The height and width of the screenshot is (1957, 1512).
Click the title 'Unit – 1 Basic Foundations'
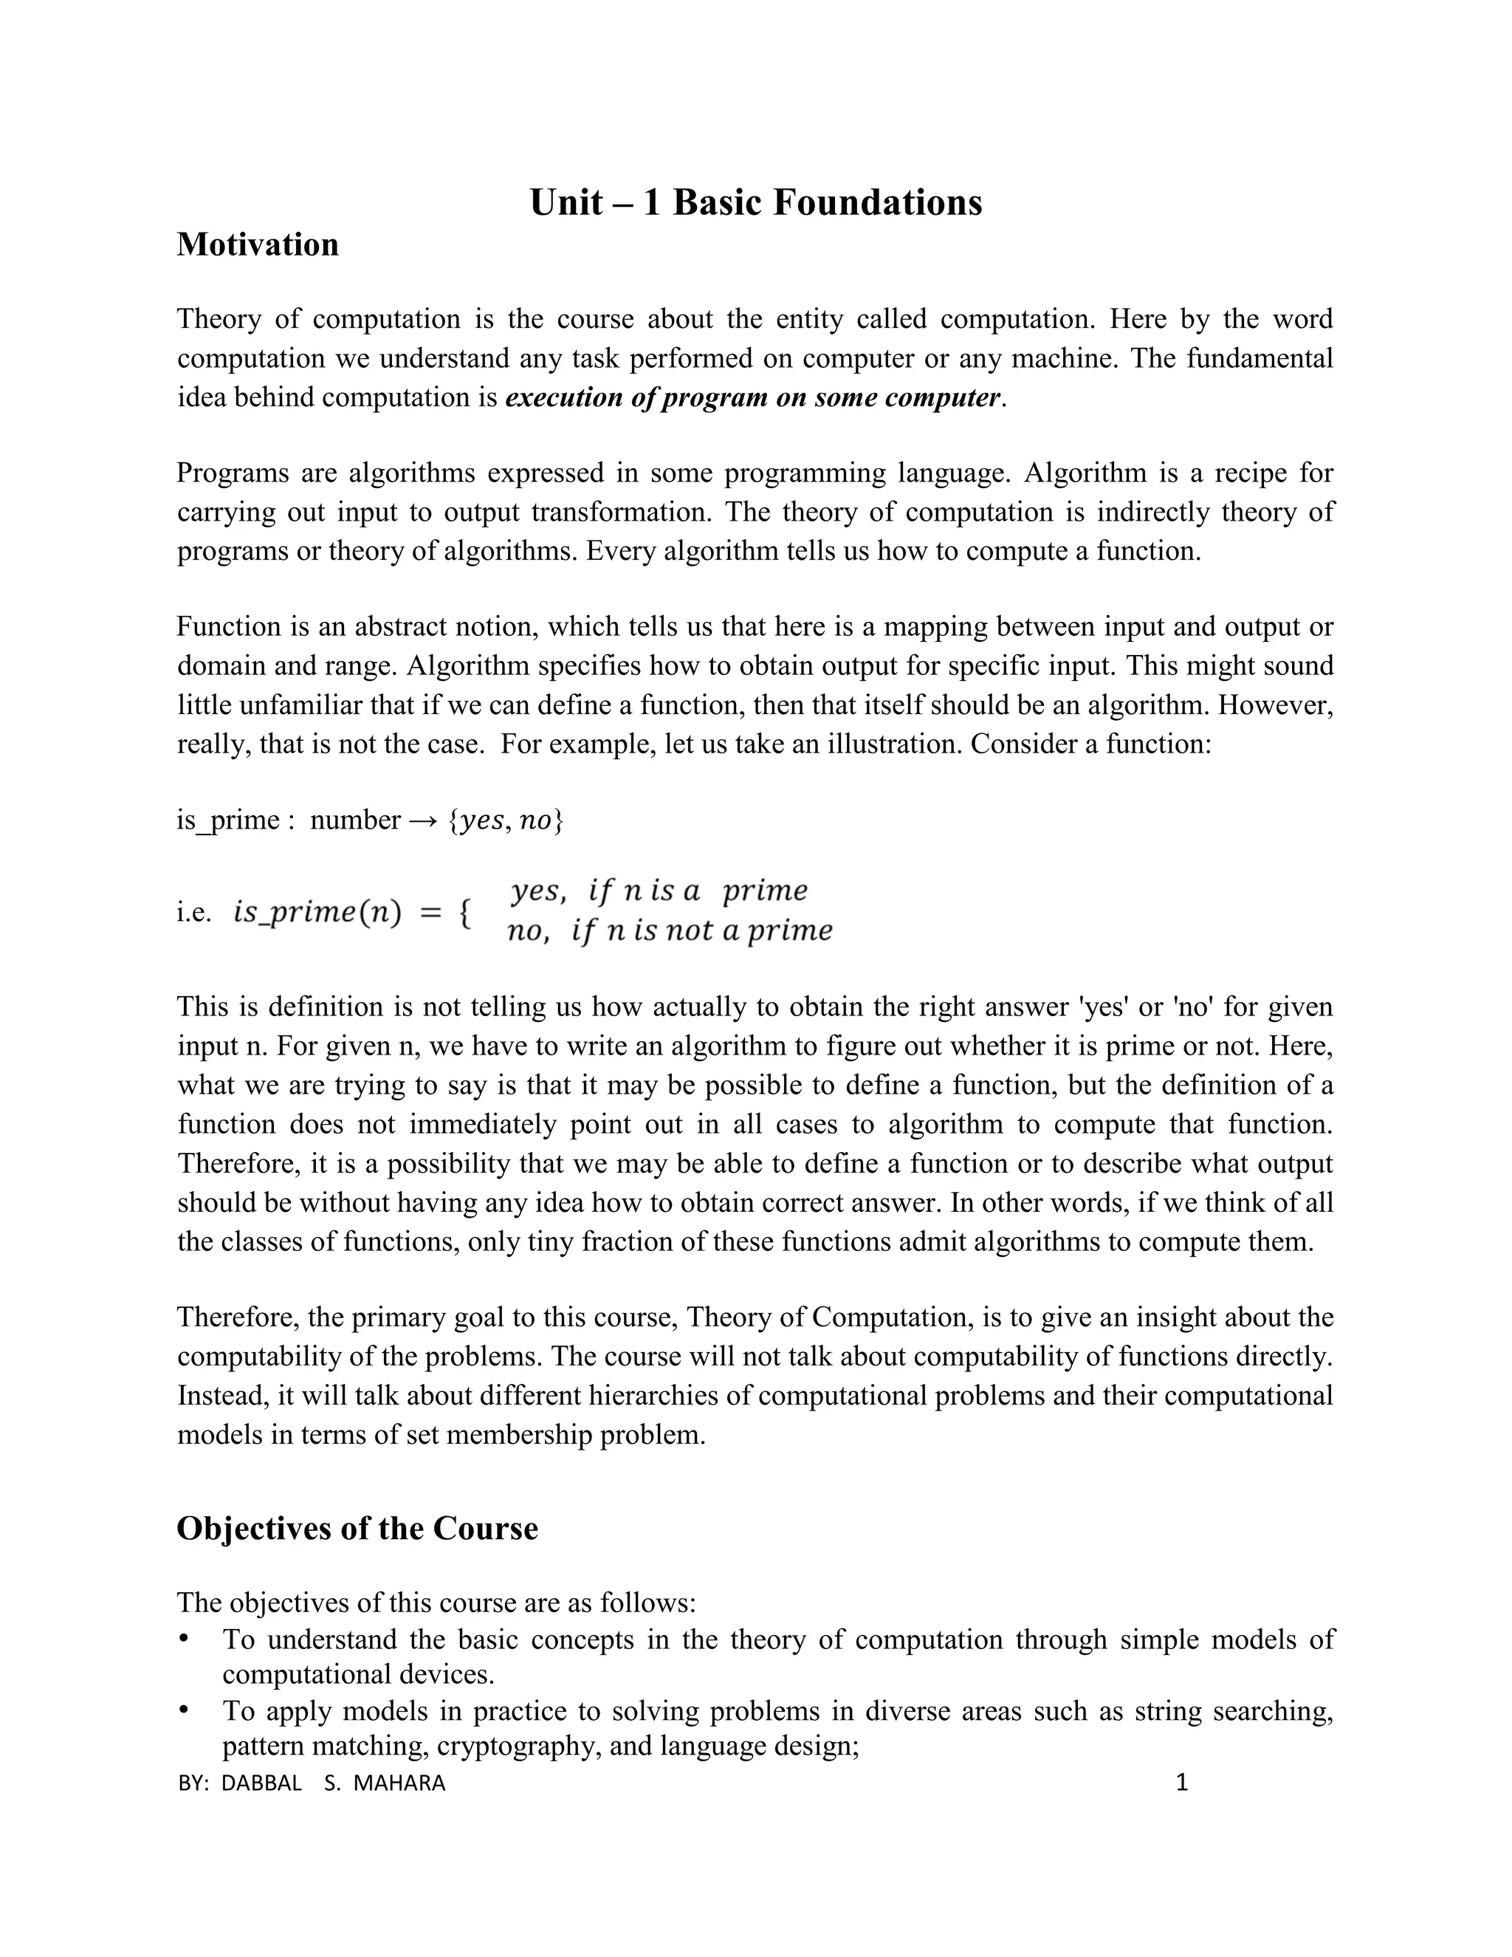coord(755,202)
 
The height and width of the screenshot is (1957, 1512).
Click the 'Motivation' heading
coord(257,244)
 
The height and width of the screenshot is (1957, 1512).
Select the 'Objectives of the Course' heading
coord(357,1528)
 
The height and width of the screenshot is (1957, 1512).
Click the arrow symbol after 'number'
coord(425,820)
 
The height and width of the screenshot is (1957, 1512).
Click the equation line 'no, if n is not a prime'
coord(669,932)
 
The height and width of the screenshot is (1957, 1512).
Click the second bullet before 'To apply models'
coord(184,1710)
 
